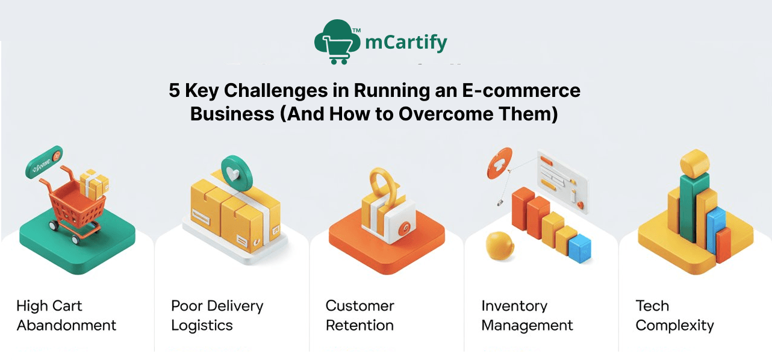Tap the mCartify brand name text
[x=406, y=43]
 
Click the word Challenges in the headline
[x=252, y=91]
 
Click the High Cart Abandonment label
[x=66, y=315]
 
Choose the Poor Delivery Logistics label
[x=217, y=315]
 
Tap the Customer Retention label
[x=360, y=315]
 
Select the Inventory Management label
[x=527, y=315]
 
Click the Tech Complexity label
[x=674, y=315]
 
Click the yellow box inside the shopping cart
[x=95, y=183]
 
